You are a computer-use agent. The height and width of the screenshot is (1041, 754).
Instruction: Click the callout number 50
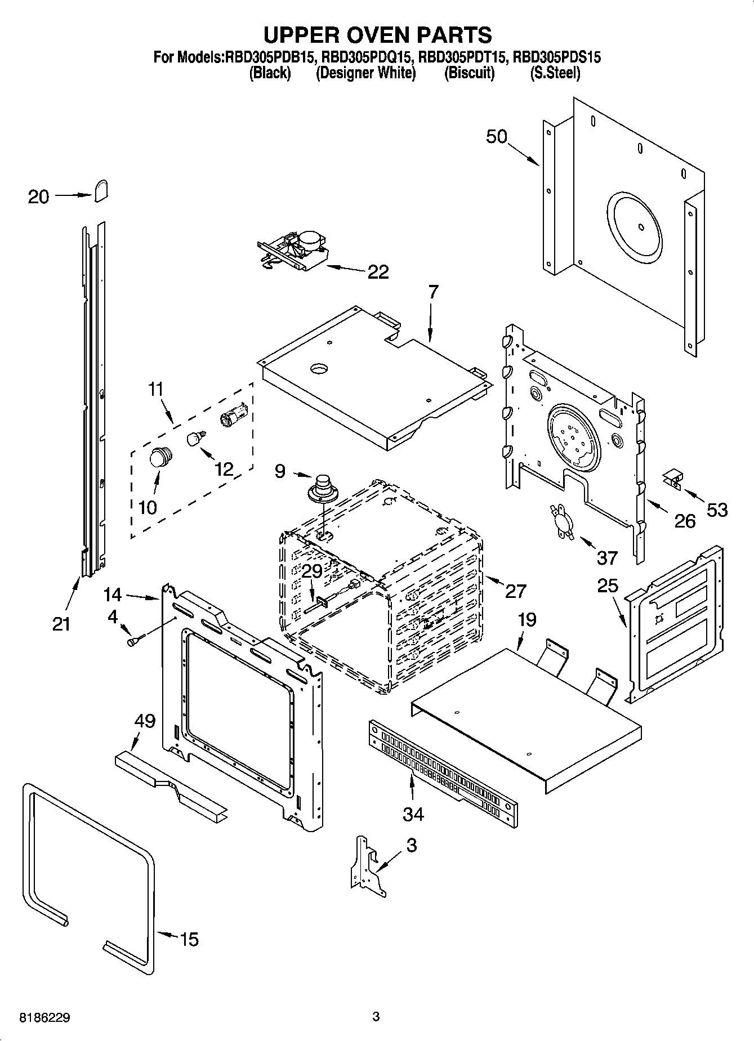pyautogui.click(x=497, y=137)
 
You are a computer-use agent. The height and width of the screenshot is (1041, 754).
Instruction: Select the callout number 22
pyautogui.click(x=378, y=272)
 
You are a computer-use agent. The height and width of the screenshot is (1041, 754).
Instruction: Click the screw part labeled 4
pyautogui.click(x=136, y=640)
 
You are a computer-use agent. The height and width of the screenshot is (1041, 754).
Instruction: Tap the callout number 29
pyautogui.click(x=311, y=571)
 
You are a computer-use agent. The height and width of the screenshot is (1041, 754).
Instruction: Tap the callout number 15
pyautogui.click(x=189, y=939)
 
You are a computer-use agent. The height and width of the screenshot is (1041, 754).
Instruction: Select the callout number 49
pyautogui.click(x=145, y=721)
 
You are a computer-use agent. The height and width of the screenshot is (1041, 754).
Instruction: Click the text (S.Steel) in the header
pyautogui.click(x=555, y=73)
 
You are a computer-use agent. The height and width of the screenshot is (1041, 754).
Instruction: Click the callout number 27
pyautogui.click(x=515, y=591)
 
